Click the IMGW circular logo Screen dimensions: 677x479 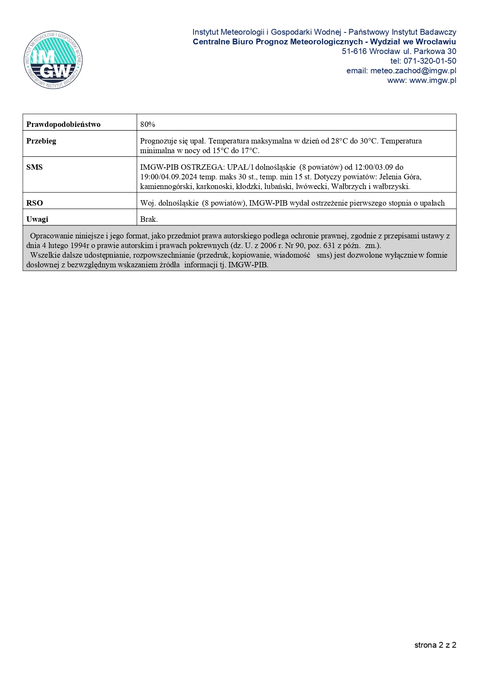53,60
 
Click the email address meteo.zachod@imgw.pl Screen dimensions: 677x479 413,71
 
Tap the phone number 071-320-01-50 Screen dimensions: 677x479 430,61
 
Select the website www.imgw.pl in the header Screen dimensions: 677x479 433,80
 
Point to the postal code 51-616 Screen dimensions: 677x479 354,51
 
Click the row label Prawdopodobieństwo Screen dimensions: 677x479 63,124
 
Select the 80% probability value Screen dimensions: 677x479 148,124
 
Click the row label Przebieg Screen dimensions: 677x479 41,141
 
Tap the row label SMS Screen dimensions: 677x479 34,167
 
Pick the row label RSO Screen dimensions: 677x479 34,203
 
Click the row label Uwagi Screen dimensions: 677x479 37,219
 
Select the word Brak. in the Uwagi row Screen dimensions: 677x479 149,219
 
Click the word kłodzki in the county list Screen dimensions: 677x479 248,186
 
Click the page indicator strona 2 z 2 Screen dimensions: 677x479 435,645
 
